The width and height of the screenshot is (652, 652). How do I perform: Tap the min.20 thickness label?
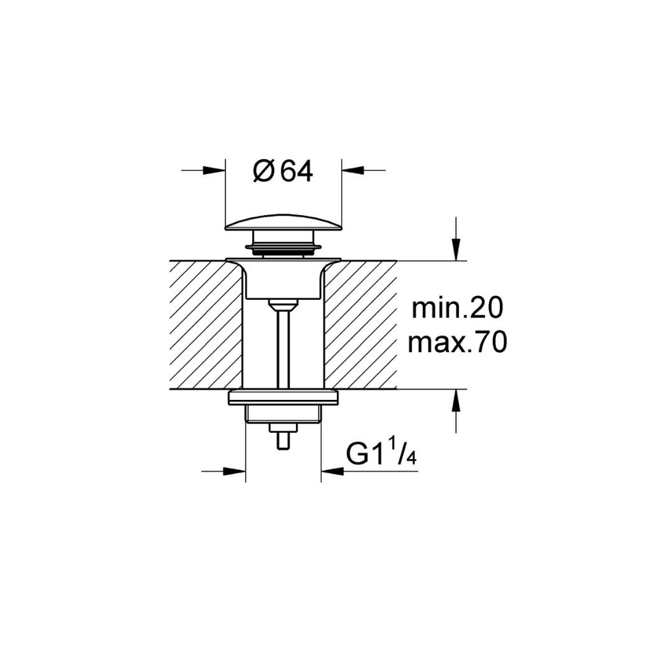click(x=457, y=308)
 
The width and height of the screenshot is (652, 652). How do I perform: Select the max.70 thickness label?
click(x=457, y=343)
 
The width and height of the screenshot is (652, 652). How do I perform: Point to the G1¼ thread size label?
click(x=381, y=454)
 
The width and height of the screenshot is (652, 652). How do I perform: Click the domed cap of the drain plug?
click(x=283, y=221)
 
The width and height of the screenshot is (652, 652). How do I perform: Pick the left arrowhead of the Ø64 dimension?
click(x=214, y=169)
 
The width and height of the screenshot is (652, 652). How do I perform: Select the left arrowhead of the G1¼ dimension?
click(x=234, y=471)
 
